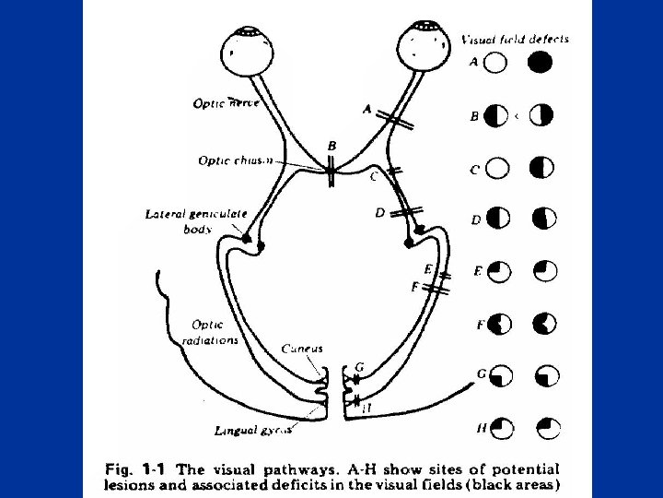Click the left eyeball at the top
coord(249,51)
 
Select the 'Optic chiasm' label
coord(236,160)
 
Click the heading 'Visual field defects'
coord(515,40)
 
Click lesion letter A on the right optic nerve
coord(367,109)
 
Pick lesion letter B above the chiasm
coord(331,147)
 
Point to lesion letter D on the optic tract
coord(380,213)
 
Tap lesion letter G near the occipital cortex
coord(359,367)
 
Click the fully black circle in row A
coord(541,63)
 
